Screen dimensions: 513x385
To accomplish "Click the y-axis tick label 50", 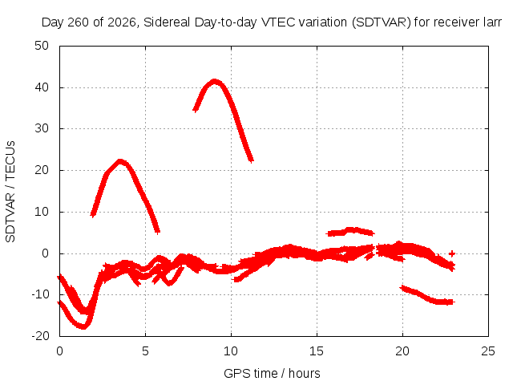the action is (42, 46).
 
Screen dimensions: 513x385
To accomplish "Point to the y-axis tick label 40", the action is (42, 87).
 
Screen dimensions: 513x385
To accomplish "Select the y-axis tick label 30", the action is (42, 128).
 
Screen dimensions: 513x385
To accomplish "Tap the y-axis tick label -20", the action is (40, 336).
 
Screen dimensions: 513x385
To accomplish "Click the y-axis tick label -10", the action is (40, 294).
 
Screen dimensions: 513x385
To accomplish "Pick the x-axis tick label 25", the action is (488, 351).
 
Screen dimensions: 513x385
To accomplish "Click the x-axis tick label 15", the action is (317, 351).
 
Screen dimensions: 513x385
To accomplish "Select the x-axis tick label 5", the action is (145, 351).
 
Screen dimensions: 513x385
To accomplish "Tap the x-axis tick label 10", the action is (231, 351).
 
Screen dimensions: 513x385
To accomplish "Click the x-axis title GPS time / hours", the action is (272, 373).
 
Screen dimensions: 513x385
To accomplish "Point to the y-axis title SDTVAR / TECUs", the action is (10, 192).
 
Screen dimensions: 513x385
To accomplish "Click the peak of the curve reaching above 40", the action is (214, 81).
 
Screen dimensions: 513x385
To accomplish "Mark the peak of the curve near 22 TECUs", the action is (120, 161).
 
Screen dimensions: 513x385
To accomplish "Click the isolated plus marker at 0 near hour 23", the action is (452, 253).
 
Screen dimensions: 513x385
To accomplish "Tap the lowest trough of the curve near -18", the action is (83, 326).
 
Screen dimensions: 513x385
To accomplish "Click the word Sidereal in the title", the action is (167, 22).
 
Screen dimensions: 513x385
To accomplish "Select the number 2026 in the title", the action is (122, 22).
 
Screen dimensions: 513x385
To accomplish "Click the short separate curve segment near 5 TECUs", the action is (350, 231).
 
